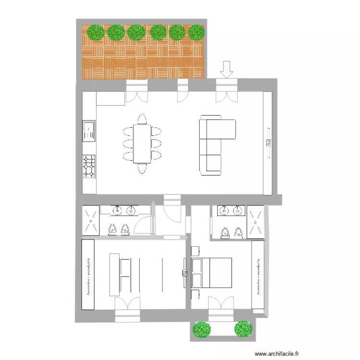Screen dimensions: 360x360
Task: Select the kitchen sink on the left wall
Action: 89,131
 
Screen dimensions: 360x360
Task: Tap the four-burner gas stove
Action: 89,167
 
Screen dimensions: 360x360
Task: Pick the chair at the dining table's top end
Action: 142,119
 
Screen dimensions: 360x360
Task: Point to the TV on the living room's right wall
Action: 268,142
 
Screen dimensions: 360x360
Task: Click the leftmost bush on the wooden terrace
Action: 96,32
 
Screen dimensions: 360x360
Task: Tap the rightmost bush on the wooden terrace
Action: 197,32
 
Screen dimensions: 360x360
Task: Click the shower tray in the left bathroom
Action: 90,221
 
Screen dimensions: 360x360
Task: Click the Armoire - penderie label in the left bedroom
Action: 88,274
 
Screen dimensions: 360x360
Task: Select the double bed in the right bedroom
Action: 212,273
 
